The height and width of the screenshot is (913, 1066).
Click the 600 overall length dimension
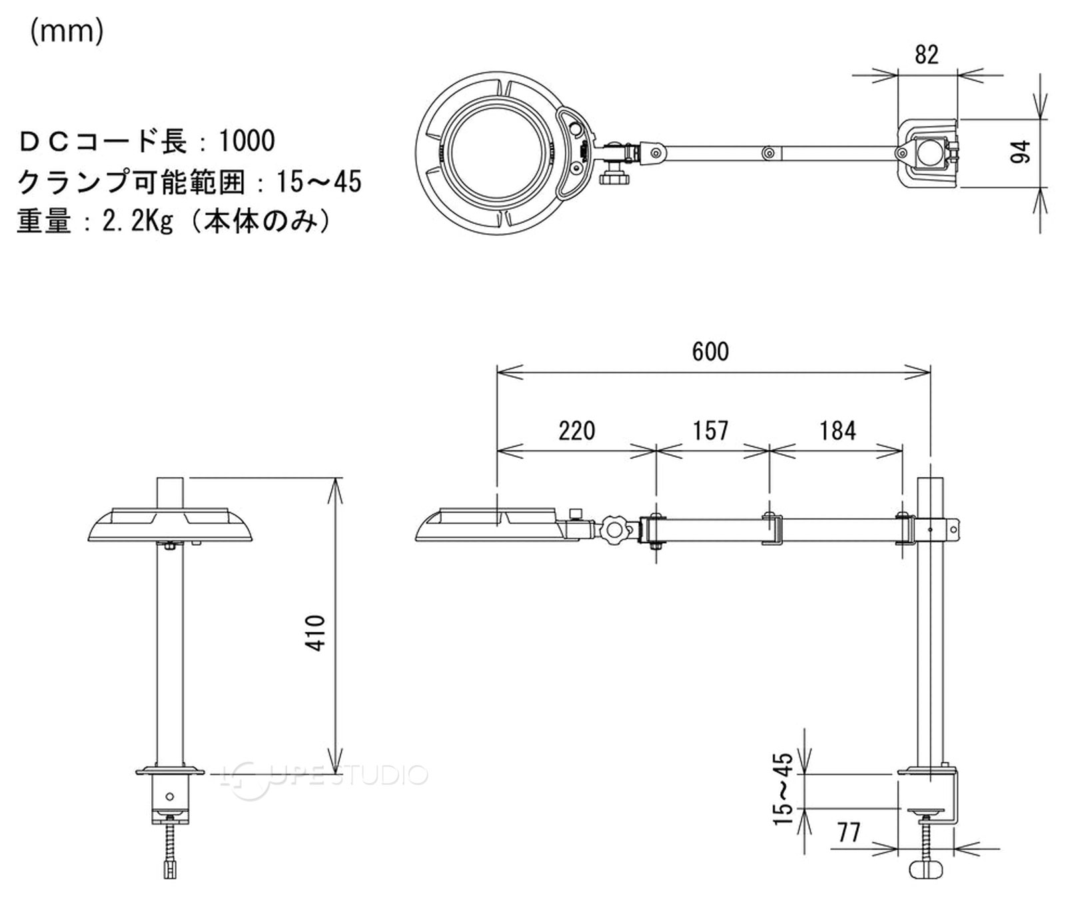[x=711, y=351]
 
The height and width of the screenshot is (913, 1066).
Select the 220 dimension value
[x=576, y=431]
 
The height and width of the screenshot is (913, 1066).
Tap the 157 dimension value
[x=710, y=431]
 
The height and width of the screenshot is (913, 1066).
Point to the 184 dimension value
[x=837, y=431]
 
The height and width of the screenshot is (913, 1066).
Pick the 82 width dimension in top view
[x=926, y=55]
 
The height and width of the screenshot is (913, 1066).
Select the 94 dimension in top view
[x=1020, y=151]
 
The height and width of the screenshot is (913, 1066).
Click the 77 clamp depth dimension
[x=848, y=832]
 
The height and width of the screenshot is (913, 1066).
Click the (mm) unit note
[x=67, y=31]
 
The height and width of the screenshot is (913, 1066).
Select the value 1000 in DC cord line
[x=247, y=141]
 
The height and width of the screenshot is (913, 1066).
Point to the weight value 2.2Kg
[x=138, y=221]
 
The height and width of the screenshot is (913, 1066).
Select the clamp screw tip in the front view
[x=171, y=868]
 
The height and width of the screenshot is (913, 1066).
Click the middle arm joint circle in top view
[x=768, y=153]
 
